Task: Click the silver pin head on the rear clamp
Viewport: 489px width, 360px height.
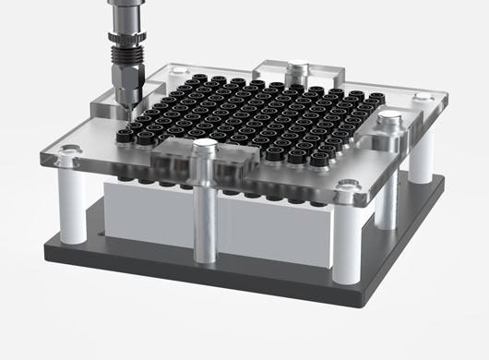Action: click(296, 67)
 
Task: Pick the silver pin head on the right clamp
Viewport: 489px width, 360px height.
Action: click(392, 118)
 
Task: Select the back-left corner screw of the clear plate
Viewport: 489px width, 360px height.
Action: click(175, 71)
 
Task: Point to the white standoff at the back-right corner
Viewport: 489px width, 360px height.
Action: click(420, 162)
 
